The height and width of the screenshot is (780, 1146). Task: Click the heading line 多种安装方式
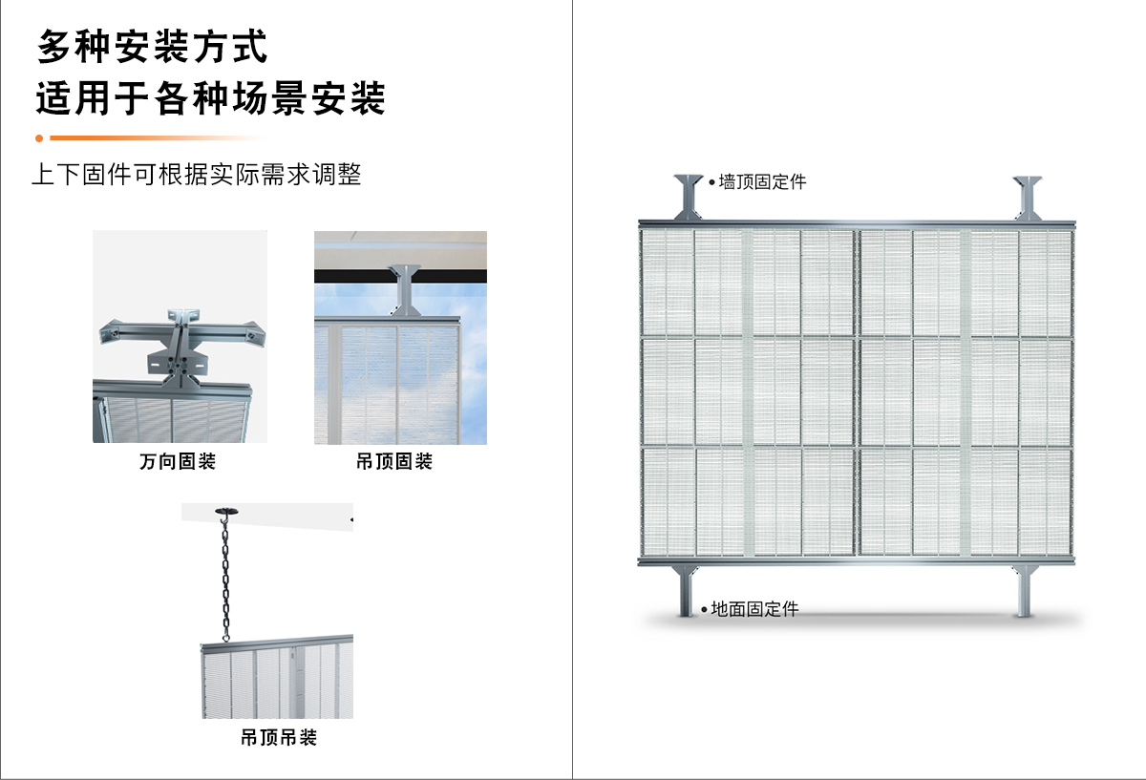point(153,46)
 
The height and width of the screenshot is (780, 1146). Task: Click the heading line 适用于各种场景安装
point(210,98)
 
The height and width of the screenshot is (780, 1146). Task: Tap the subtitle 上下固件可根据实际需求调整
point(197,176)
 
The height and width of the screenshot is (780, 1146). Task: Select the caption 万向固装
point(178,462)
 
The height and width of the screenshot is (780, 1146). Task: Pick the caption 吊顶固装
point(394,462)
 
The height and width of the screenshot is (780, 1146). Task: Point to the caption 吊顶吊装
point(278,738)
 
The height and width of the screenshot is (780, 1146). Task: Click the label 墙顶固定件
point(762,181)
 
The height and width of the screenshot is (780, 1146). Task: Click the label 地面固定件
point(754,609)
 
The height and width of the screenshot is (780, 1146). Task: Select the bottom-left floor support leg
point(686,590)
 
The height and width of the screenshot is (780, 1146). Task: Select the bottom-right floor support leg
point(1027,590)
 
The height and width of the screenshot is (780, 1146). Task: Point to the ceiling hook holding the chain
point(226,513)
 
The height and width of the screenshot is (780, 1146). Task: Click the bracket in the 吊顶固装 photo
point(405,289)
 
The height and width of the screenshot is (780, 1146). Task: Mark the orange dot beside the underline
point(39,137)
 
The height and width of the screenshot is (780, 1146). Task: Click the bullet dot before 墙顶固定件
point(711,181)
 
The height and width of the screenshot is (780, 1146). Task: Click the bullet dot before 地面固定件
point(704,609)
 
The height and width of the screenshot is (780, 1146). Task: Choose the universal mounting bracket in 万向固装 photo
point(179,344)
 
